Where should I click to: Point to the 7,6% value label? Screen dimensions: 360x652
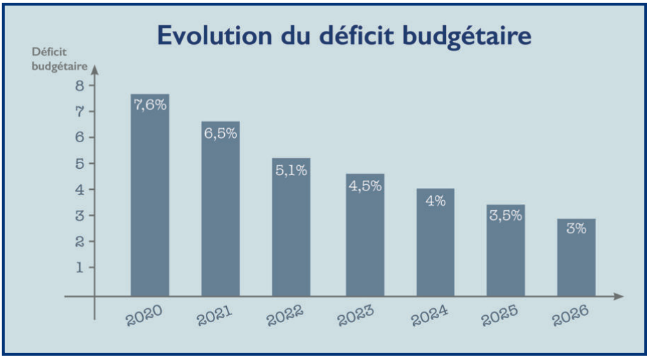click(150, 105)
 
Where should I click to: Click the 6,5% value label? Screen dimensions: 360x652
click(221, 133)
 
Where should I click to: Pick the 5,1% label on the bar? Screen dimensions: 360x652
click(291, 169)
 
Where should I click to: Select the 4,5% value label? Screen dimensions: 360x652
click(365, 186)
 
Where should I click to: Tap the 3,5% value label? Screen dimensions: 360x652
click(506, 216)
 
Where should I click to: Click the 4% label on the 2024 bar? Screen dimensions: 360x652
click(436, 200)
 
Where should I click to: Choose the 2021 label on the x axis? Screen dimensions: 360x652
click(215, 316)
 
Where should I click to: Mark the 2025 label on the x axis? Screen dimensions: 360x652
click(499, 316)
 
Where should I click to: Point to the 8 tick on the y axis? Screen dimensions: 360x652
click(80, 85)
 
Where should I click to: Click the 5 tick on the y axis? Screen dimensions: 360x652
click(80, 163)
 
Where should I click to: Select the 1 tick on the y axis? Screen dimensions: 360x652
click(80, 267)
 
